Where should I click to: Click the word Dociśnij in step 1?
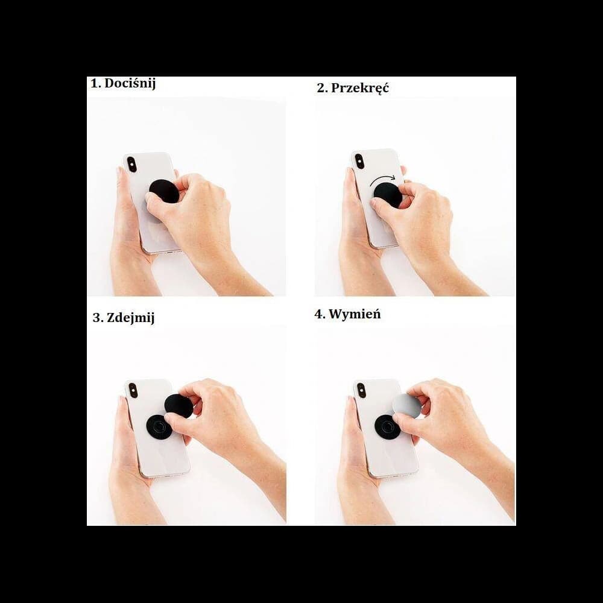(130, 84)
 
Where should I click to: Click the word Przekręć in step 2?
(360, 88)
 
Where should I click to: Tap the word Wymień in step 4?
(355, 315)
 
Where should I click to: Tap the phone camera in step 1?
(131, 164)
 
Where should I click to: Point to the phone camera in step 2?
(359, 161)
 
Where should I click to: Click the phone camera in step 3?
(133, 390)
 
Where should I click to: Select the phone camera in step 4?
(361, 390)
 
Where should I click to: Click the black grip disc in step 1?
(163, 191)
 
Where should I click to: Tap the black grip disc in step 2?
(388, 194)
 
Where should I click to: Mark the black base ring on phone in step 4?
(386, 426)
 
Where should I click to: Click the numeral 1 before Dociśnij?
(94, 84)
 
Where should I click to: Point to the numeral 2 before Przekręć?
(321, 88)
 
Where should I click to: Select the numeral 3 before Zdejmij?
(96, 318)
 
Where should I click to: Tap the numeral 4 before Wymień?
(318, 315)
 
